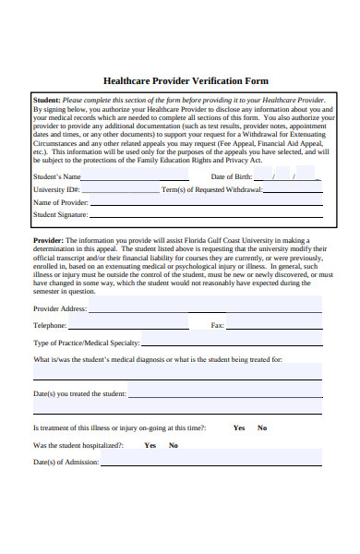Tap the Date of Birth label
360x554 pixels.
click(231, 175)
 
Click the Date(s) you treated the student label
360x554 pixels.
click(79, 393)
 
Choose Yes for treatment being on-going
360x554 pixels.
click(239, 428)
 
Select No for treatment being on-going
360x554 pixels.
click(262, 428)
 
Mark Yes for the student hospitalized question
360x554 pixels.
click(150, 445)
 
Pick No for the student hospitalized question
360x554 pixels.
click(173, 445)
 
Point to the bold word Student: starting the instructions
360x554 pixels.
click(47, 100)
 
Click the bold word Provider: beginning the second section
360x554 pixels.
click(49, 240)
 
